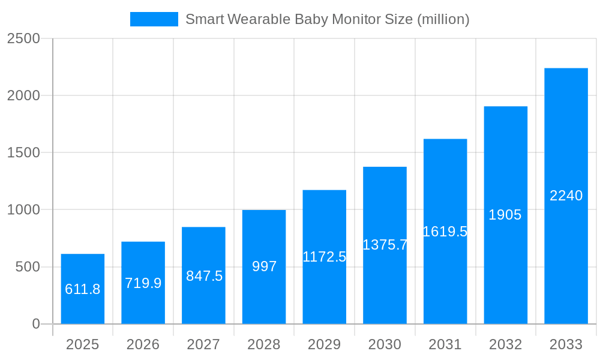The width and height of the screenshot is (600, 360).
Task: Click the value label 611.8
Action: click(83, 289)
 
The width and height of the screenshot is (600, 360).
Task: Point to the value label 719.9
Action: click(143, 283)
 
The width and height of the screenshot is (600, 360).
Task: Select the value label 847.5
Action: click(204, 276)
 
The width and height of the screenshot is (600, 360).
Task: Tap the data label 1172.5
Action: click(325, 257)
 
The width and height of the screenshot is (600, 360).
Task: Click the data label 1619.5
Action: click(445, 232)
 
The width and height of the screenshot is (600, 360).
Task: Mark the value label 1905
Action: click(505, 215)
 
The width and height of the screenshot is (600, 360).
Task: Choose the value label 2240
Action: click(566, 196)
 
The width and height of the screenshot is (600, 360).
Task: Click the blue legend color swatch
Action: click(154, 19)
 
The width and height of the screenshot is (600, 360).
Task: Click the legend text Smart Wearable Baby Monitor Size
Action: click(327, 19)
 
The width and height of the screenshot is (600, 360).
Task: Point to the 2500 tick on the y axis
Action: click(23, 38)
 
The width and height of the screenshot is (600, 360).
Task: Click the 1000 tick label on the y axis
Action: click(23, 210)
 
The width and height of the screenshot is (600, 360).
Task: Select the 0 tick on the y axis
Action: click(35, 324)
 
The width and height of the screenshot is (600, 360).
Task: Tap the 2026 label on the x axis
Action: click(143, 344)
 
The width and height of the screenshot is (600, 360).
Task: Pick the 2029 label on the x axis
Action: click(325, 344)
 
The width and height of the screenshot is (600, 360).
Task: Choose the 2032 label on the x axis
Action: click(505, 344)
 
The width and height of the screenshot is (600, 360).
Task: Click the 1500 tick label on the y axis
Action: click(23, 152)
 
